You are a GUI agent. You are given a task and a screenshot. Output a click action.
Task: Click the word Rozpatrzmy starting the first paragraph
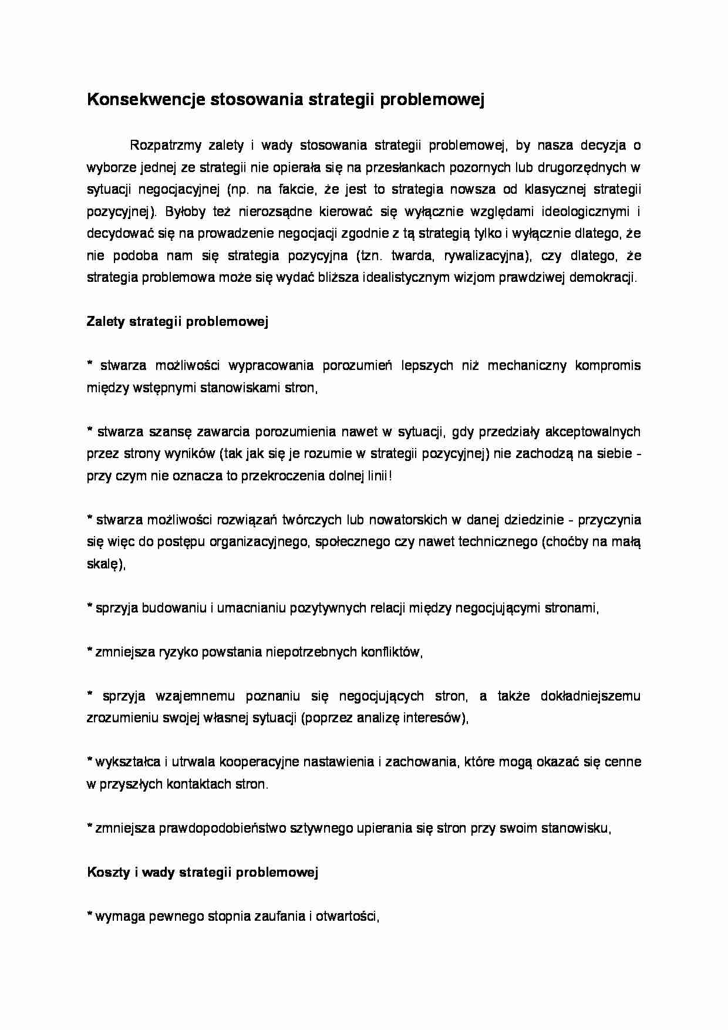[166, 145]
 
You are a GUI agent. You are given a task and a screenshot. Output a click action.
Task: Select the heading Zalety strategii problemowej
[177, 322]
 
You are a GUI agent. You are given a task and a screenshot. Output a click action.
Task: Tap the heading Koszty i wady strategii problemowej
[202, 873]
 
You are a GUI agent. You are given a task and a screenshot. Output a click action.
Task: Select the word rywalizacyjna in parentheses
[487, 255]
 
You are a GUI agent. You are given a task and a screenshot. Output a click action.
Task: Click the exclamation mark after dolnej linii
[390, 476]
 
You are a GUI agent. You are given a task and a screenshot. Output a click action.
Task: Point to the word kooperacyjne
[255, 762]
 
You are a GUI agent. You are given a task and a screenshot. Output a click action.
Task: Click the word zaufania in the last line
[281, 917]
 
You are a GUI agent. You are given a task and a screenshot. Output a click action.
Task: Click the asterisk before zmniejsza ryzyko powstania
[90, 651]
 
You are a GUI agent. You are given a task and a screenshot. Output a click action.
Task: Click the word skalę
[104, 564]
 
